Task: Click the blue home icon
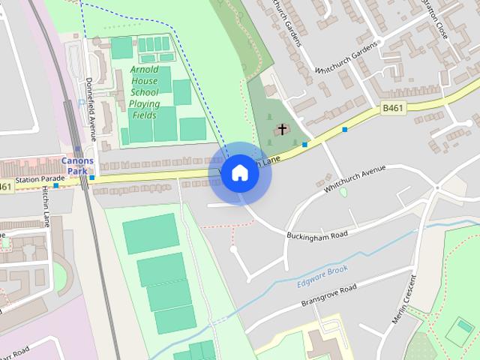tap(239, 172)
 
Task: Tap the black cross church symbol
tap(283, 129)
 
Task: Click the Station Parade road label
tap(40, 179)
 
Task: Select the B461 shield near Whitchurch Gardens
tap(391, 109)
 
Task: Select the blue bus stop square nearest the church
tap(304, 144)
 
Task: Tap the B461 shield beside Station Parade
tap(6, 187)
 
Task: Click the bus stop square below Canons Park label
tap(91, 178)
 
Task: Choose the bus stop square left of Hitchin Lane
tap(55, 185)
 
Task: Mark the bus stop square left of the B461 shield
tap(344, 130)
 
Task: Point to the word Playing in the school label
tap(143, 103)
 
